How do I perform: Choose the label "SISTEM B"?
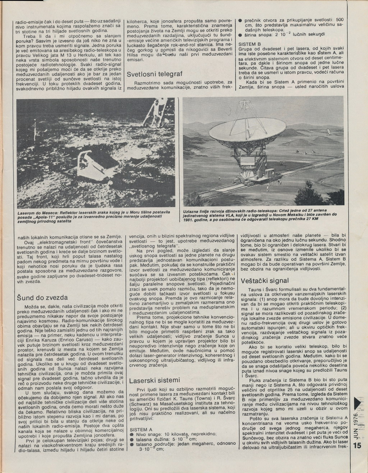point(249,44)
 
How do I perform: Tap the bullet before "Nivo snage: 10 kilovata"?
point(132,435)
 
